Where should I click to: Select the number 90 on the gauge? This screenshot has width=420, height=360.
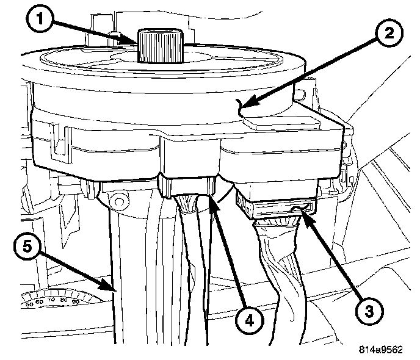point(76,301)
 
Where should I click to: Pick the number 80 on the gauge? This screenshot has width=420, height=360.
point(64,300)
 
